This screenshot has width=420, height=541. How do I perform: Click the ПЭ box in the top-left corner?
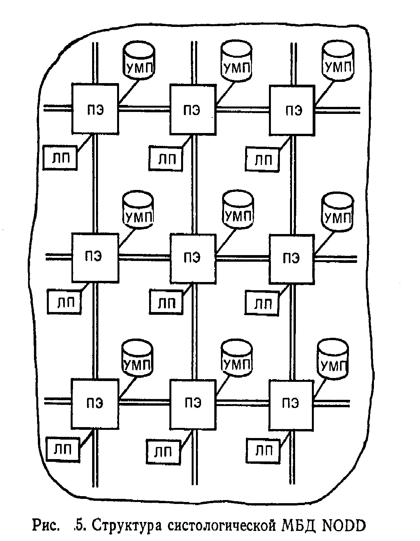click(x=95, y=110)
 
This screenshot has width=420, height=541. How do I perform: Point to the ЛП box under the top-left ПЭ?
click(x=59, y=158)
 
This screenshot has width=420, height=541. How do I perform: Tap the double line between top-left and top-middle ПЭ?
click(x=144, y=110)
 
